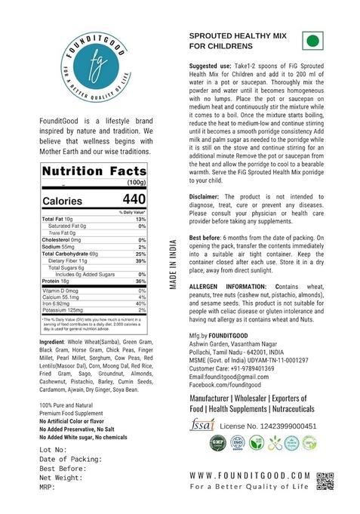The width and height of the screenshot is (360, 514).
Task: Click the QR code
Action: (x=325, y=481)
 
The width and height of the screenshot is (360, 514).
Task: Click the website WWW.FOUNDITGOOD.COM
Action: (x=249, y=476)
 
